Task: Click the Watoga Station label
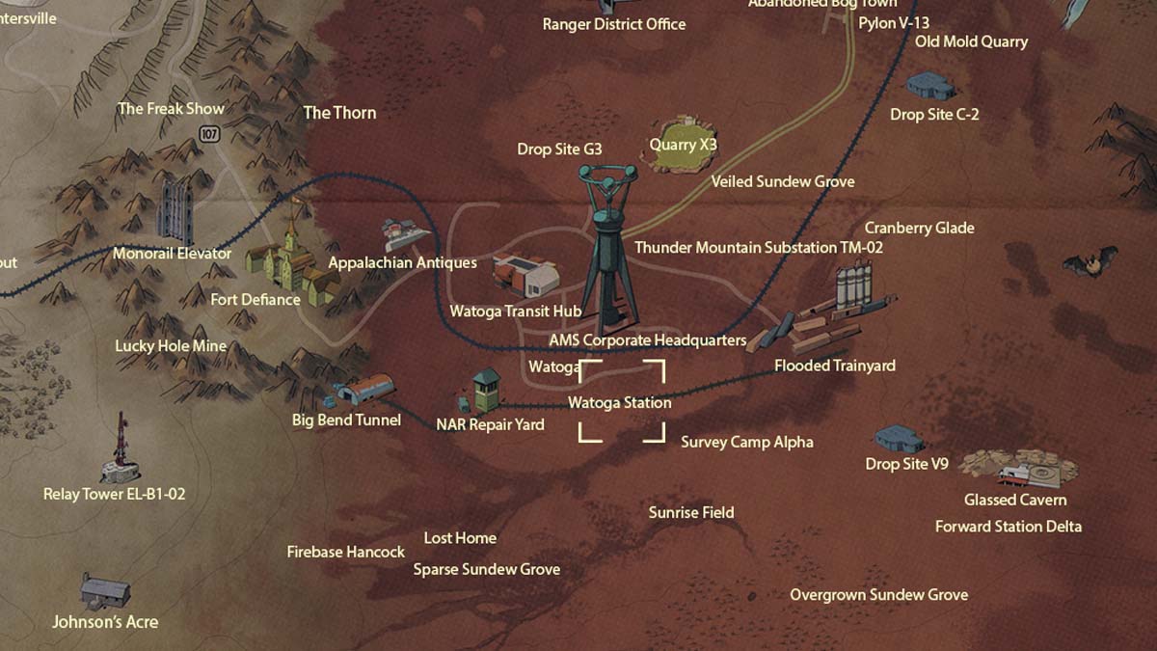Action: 619,402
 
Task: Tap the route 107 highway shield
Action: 210,134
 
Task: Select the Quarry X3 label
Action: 683,145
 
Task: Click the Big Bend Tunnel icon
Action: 364,390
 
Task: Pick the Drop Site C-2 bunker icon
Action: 930,86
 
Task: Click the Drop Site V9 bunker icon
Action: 899,439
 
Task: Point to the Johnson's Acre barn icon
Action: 105,589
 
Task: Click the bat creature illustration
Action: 1090,261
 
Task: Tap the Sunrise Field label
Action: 691,512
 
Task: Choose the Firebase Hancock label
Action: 346,552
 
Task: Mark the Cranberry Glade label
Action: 919,228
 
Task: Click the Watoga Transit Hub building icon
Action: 526,275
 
